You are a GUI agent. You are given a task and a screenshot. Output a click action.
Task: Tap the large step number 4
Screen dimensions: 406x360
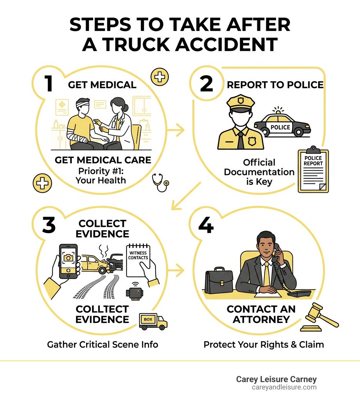click(206, 225)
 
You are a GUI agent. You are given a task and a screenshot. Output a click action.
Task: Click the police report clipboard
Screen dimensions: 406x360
click(313, 171)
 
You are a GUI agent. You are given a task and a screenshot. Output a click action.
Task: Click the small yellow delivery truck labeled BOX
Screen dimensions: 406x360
click(153, 321)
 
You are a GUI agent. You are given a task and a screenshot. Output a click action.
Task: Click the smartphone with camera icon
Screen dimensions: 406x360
click(68, 261)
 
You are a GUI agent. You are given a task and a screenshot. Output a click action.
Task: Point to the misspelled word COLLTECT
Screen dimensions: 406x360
click(102, 309)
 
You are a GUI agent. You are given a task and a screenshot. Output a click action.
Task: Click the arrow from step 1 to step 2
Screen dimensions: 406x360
click(176, 131)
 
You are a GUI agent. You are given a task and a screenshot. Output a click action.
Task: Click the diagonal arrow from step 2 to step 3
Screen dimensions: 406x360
click(185, 196)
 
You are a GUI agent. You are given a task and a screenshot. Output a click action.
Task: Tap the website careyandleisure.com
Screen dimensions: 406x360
click(284, 387)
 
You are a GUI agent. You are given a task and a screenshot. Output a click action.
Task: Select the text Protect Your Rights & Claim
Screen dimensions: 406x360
click(264, 344)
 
